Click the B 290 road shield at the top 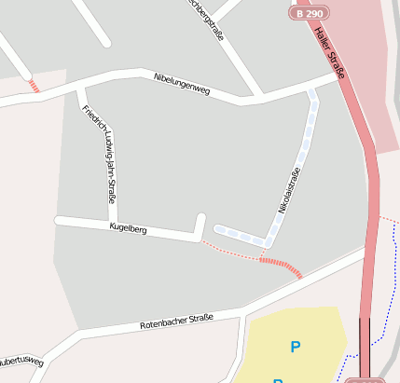[308, 14]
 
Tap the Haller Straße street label [330, 53]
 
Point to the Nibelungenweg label [182, 84]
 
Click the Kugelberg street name [129, 226]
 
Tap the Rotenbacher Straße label [176, 321]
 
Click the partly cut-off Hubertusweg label [19, 359]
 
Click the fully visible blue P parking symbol [296, 348]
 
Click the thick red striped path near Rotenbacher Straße [281, 267]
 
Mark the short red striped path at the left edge [34, 87]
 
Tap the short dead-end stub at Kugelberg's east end [200, 226]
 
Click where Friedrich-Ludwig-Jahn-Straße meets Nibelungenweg [82, 89]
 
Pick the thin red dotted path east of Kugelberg [228, 249]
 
